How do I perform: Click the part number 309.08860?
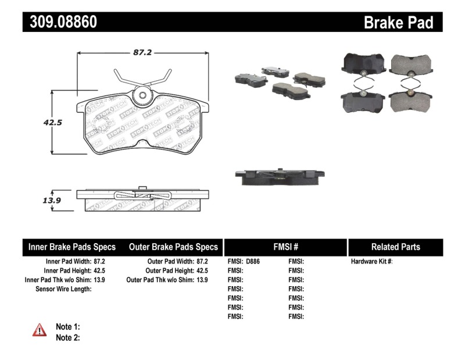coord(60,22)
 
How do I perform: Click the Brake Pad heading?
coord(398,22)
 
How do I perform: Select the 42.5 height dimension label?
coord(35,123)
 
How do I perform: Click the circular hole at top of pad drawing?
coord(142,97)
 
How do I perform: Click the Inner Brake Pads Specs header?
coord(72,247)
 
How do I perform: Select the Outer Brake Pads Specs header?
coord(174,247)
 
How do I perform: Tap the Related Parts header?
coord(395,247)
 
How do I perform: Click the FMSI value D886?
coord(253,262)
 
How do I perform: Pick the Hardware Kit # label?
coord(372,262)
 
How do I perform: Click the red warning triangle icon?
coord(40,330)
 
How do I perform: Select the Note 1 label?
coord(67,327)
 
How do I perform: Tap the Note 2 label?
coord(67,337)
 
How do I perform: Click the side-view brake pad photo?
coord(279,176)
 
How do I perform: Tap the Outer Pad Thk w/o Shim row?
coord(167,280)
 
